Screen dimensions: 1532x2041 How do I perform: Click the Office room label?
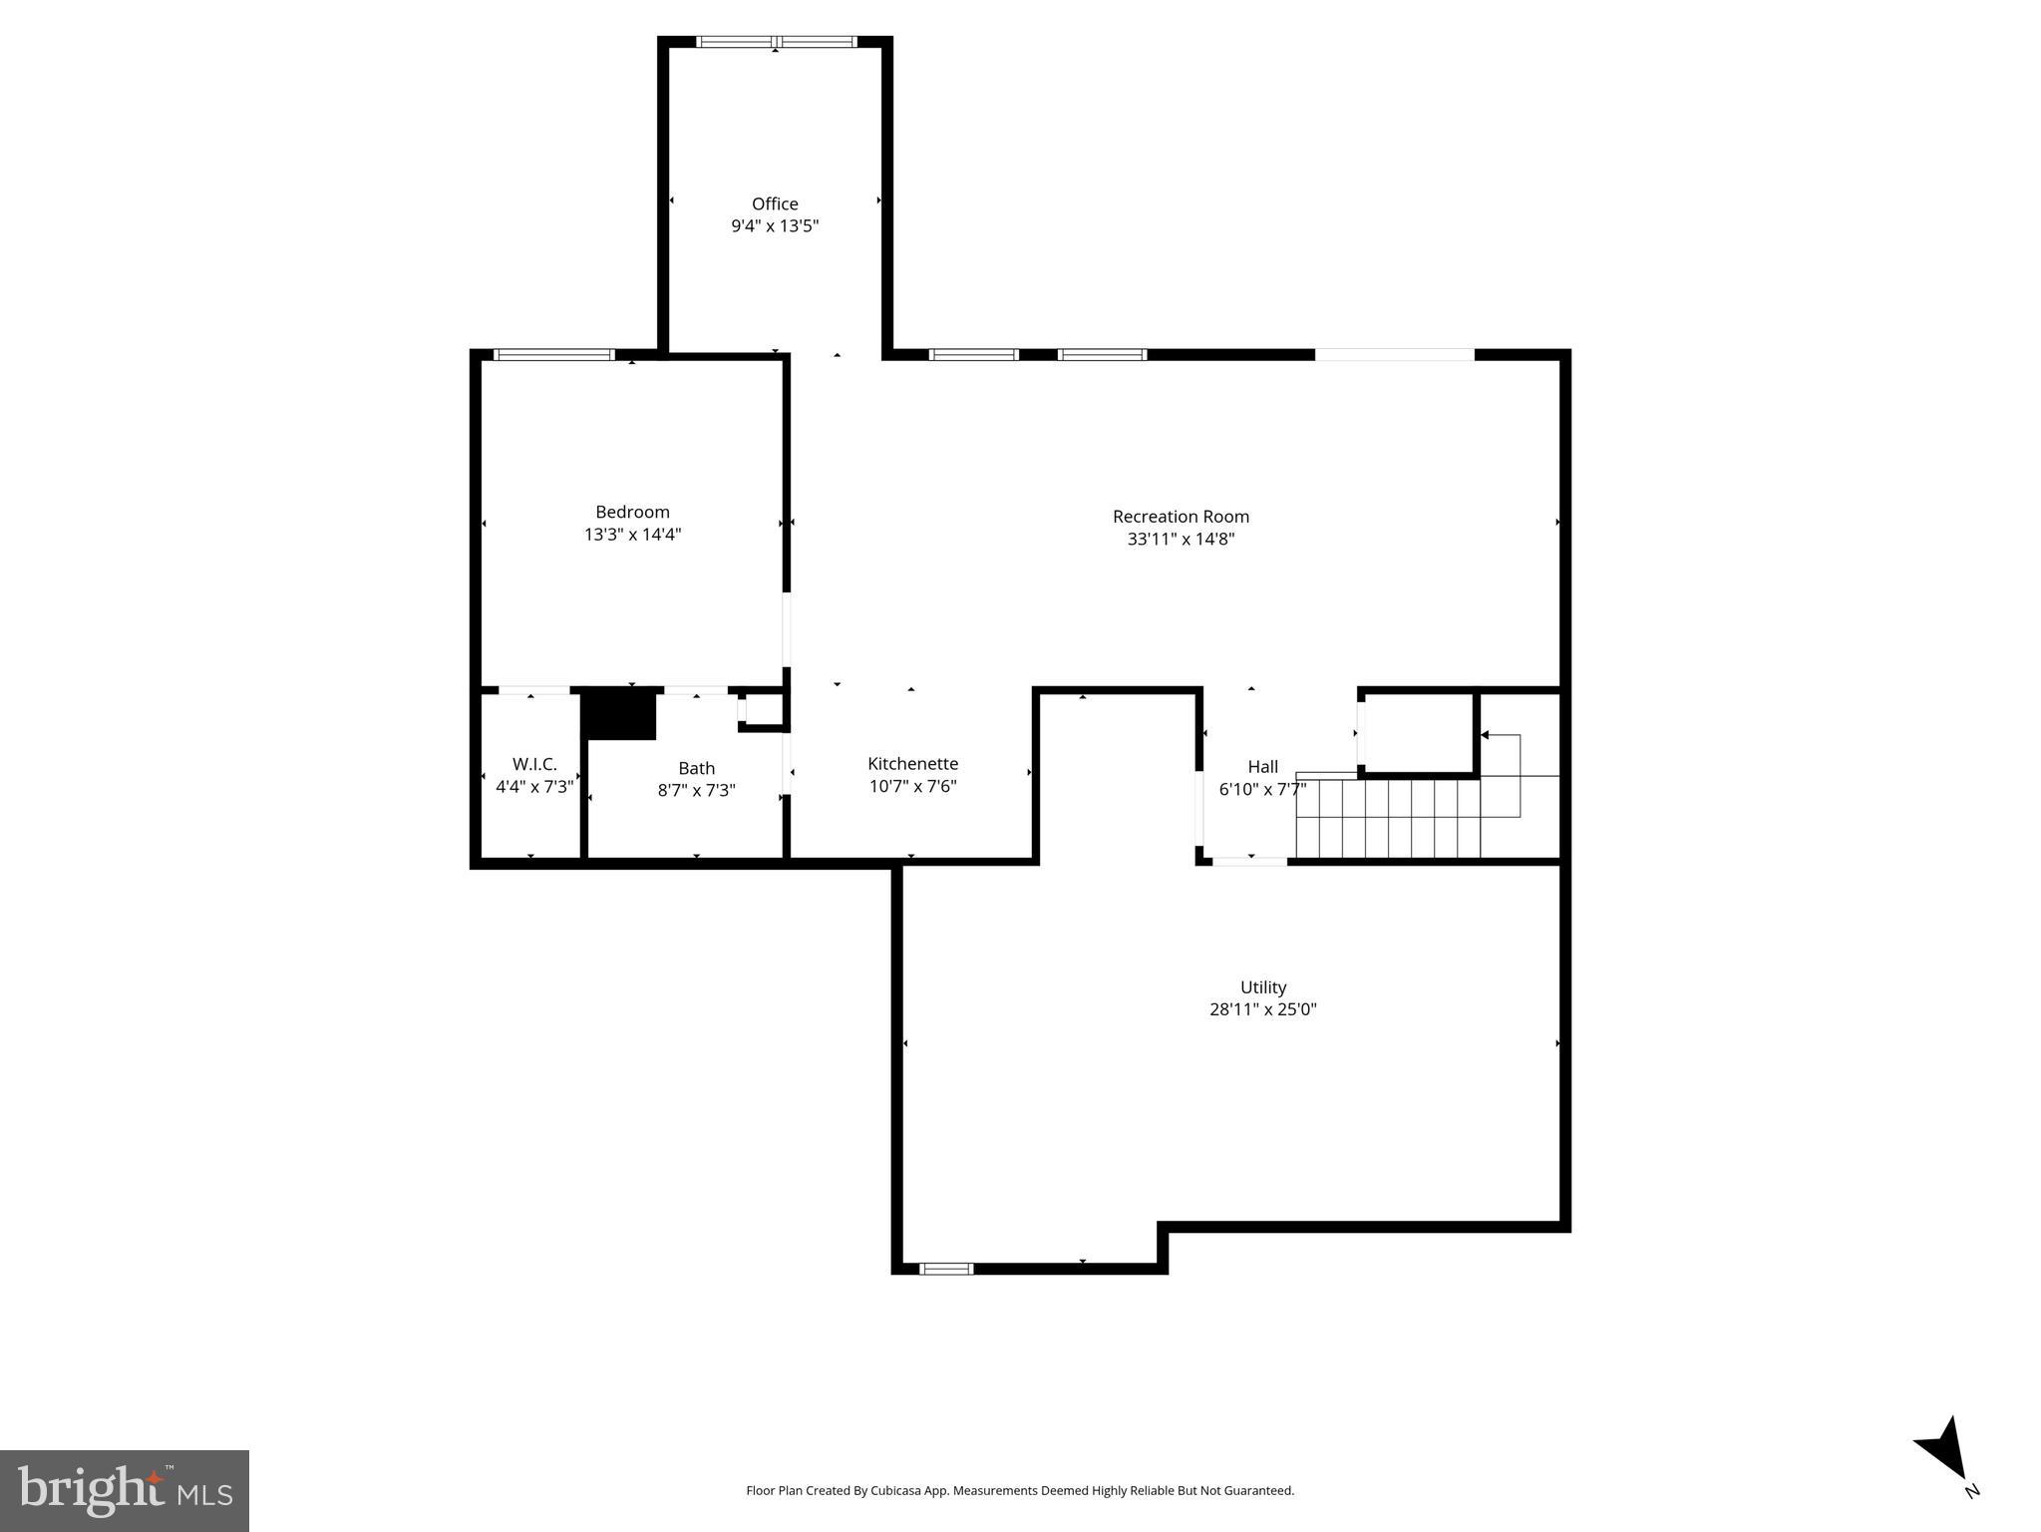tap(775, 203)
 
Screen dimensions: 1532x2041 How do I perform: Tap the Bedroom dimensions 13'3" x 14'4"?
tap(632, 535)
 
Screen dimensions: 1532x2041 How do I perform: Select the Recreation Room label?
tap(1181, 517)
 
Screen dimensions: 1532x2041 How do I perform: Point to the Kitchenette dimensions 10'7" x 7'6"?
tap(912, 786)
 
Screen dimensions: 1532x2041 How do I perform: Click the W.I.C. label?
tap(534, 764)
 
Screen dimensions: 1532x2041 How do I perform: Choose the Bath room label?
tap(696, 768)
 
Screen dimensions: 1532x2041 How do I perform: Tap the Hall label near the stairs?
tap(1262, 767)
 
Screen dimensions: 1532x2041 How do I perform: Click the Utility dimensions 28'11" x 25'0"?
tap(1262, 1009)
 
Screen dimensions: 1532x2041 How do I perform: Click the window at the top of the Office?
tap(776, 42)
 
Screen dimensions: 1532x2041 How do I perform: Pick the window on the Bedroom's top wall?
tap(554, 354)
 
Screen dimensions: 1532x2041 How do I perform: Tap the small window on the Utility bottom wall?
tap(945, 1269)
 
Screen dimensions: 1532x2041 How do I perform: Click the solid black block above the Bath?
tap(619, 714)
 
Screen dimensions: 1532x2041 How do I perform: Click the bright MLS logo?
tap(124, 1490)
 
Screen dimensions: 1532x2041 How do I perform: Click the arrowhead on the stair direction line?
tap(1485, 735)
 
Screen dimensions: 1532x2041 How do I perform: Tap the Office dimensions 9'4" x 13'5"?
tap(775, 226)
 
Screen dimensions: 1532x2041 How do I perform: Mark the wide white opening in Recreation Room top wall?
tap(1394, 354)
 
